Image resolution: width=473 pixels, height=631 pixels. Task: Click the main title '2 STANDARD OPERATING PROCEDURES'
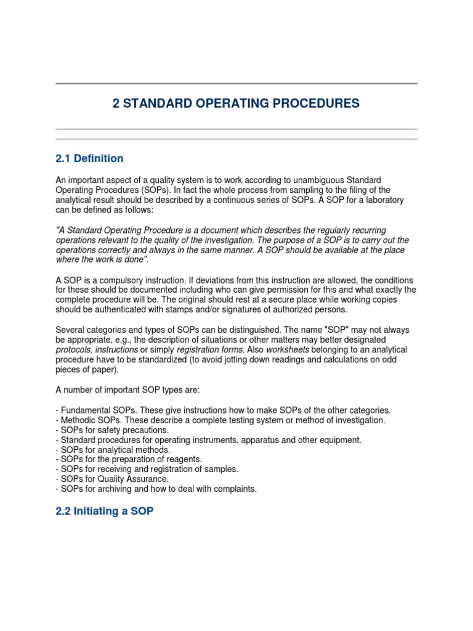(236, 104)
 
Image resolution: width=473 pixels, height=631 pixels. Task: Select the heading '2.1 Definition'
(89, 158)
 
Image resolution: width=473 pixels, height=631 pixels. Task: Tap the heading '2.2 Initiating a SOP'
(104, 511)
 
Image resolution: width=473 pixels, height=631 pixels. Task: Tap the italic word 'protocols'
(75, 349)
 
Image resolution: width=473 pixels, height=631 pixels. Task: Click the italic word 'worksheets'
(289, 349)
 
